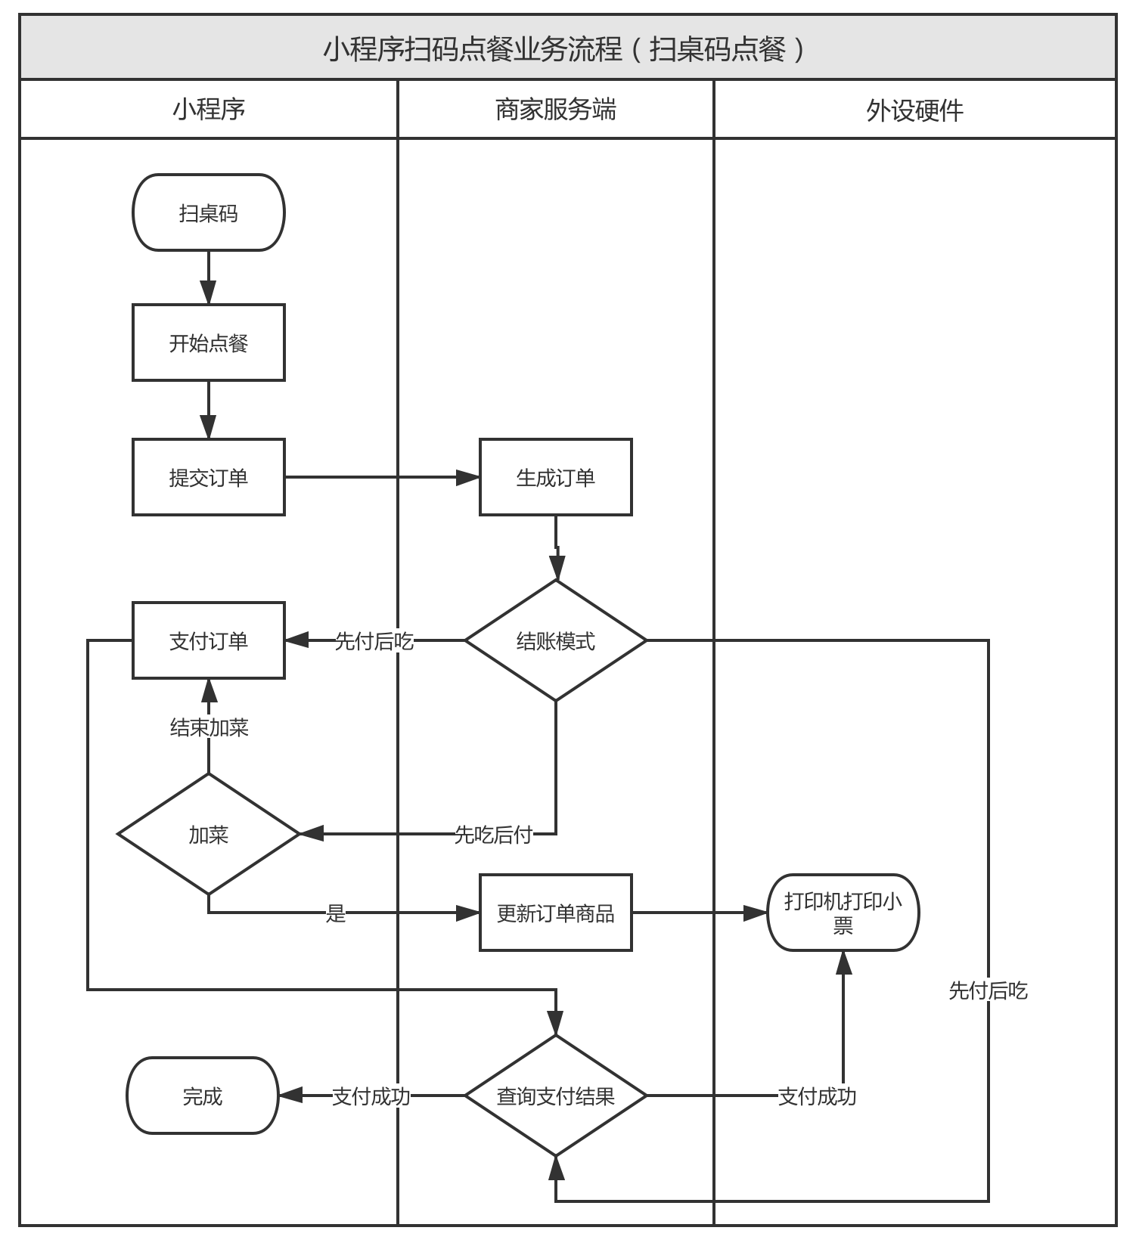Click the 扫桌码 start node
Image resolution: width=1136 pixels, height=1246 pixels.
tap(208, 212)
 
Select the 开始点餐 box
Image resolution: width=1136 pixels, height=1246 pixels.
tap(208, 342)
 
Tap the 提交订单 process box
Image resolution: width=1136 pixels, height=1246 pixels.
tap(208, 477)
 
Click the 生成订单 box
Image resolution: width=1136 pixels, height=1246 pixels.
tap(555, 477)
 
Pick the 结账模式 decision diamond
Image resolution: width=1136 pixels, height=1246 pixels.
tap(555, 640)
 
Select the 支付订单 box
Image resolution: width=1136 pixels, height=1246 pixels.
tap(208, 640)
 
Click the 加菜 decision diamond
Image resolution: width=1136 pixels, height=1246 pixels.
tap(208, 834)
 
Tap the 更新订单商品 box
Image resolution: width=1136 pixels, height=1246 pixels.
tap(555, 913)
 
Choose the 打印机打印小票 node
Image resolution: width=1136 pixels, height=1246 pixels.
tap(843, 913)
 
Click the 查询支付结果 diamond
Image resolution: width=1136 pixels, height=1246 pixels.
tap(555, 1096)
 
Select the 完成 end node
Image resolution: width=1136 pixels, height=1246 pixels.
tap(202, 1096)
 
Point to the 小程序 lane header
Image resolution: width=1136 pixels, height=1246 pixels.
tap(208, 110)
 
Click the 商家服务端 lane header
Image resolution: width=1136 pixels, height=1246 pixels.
tap(555, 110)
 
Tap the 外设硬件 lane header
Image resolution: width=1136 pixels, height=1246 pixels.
tap(914, 110)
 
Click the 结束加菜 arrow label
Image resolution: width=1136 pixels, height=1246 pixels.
tap(209, 727)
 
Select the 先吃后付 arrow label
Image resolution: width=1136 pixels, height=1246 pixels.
tap(493, 834)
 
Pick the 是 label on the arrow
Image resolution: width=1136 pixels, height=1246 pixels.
tap(335, 913)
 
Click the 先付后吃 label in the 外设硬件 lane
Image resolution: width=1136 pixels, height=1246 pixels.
tap(988, 990)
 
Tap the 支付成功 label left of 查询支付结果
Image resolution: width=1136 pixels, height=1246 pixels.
tap(371, 1096)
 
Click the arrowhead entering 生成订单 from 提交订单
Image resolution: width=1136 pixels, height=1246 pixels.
tap(468, 477)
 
